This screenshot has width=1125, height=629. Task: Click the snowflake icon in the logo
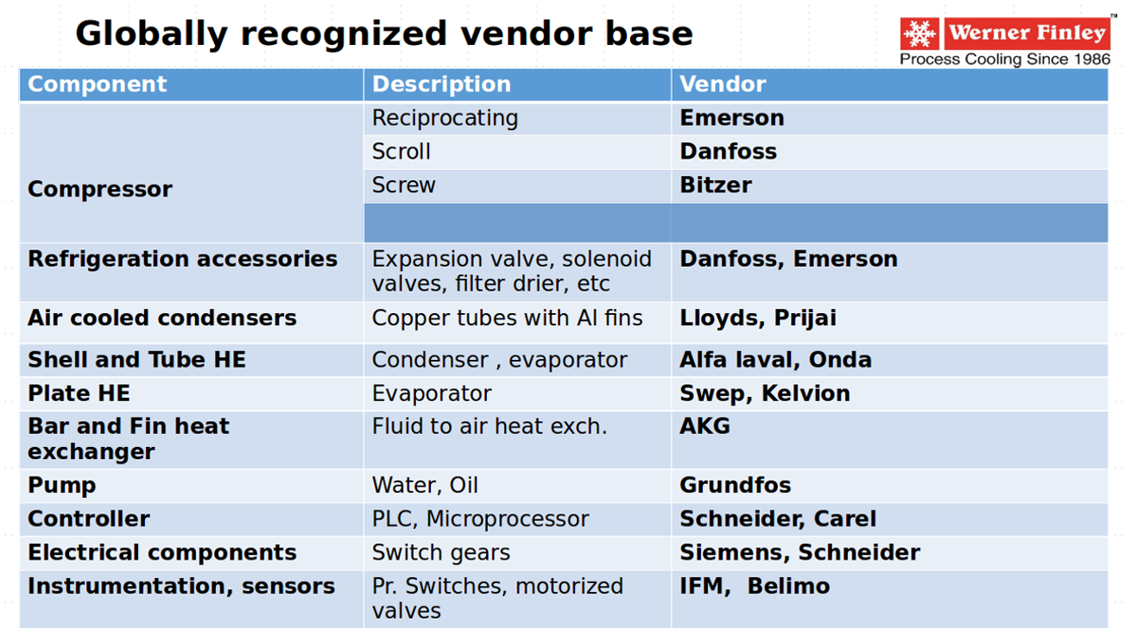(920, 34)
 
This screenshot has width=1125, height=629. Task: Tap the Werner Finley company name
(1027, 33)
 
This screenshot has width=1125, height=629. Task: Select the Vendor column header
(723, 84)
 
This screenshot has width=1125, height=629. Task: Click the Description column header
(441, 84)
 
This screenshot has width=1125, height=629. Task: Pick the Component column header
(97, 84)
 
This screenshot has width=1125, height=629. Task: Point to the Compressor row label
(100, 189)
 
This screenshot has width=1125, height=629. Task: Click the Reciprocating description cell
(445, 118)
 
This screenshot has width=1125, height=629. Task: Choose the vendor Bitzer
(716, 186)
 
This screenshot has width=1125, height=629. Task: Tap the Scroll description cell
(401, 152)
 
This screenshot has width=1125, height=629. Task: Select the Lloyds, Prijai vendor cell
(758, 318)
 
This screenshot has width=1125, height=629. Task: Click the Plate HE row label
(79, 393)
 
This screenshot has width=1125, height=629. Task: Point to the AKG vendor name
(705, 426)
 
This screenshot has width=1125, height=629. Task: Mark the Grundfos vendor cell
(736, 485)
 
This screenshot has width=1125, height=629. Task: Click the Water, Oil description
(425, 486)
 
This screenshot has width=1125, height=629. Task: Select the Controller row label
(89, 519)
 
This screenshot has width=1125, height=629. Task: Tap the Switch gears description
(441, 553)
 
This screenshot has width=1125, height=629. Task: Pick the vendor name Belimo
(788, 586)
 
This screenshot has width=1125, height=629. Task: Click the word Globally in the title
(152, 35)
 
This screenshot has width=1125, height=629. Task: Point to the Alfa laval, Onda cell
(775, 360)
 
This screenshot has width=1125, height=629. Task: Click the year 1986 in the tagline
(1092, 60)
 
